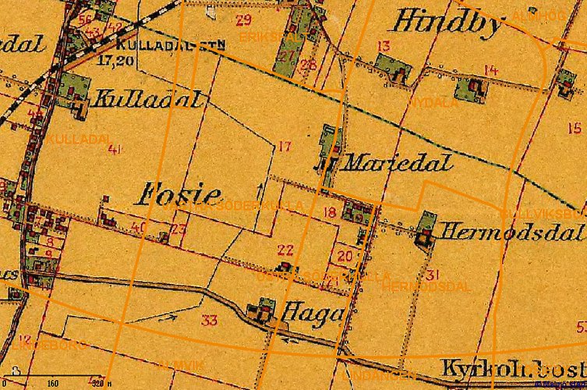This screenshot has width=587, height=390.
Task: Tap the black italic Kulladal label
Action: pos(149,99)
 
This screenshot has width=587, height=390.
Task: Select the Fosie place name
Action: pos(179,195)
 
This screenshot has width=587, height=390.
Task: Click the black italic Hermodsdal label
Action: pos(511,232)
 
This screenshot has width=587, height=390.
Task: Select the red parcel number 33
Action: pos(209,320)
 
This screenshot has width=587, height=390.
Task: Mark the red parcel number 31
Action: pos(433,274)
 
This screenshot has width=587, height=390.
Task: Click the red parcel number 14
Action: pos(490,71)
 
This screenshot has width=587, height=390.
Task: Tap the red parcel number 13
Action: pos(383,46)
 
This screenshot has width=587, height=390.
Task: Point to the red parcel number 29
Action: pos(243,19)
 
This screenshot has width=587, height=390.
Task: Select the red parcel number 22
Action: pos(285,250)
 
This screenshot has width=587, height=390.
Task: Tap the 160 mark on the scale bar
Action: pos(53,384)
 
